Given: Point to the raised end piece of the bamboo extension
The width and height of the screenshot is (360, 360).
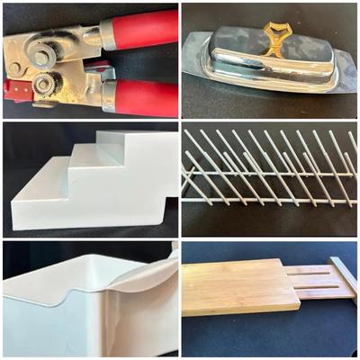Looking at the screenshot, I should (x=346, y=280).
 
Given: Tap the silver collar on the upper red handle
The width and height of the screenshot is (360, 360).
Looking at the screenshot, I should (x=107, y=34).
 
